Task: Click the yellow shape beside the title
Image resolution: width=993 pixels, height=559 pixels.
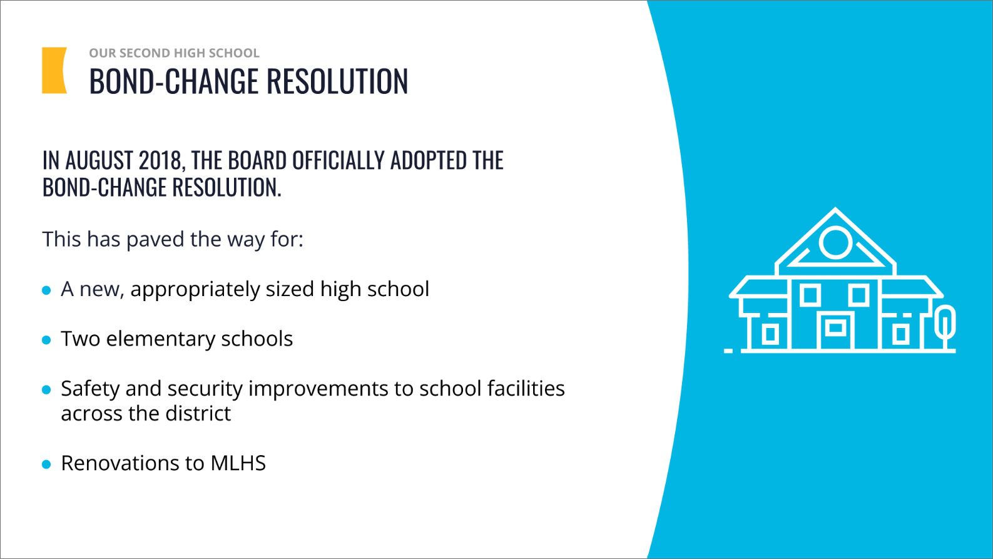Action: pos(53,70)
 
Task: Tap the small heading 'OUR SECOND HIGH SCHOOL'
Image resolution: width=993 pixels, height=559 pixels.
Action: pos(174,53)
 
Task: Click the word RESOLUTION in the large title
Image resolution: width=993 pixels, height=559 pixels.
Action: pos(337,81)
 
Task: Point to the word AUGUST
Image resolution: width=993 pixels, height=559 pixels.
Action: pos(99,160)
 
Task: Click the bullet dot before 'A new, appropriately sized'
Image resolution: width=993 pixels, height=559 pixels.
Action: pos(46,290)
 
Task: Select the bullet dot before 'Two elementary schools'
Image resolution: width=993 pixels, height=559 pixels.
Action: pos(46,341)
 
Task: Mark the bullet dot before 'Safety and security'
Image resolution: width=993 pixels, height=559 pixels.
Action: pos(46,390)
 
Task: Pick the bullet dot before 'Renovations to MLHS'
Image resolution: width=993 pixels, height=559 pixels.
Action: pos(46,464)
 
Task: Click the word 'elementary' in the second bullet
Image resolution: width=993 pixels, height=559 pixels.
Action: pos(160,339)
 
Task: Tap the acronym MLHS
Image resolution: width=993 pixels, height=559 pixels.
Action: pos(238,463)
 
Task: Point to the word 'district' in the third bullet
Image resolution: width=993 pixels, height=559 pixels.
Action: pos(198,414)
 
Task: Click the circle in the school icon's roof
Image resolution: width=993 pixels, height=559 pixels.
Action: pos(835,242)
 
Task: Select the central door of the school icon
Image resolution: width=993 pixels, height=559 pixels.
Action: pos(835,331)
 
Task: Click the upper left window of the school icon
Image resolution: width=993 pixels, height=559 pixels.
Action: pos(810,295)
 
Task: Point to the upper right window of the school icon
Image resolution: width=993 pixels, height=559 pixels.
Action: pos(859,295)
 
